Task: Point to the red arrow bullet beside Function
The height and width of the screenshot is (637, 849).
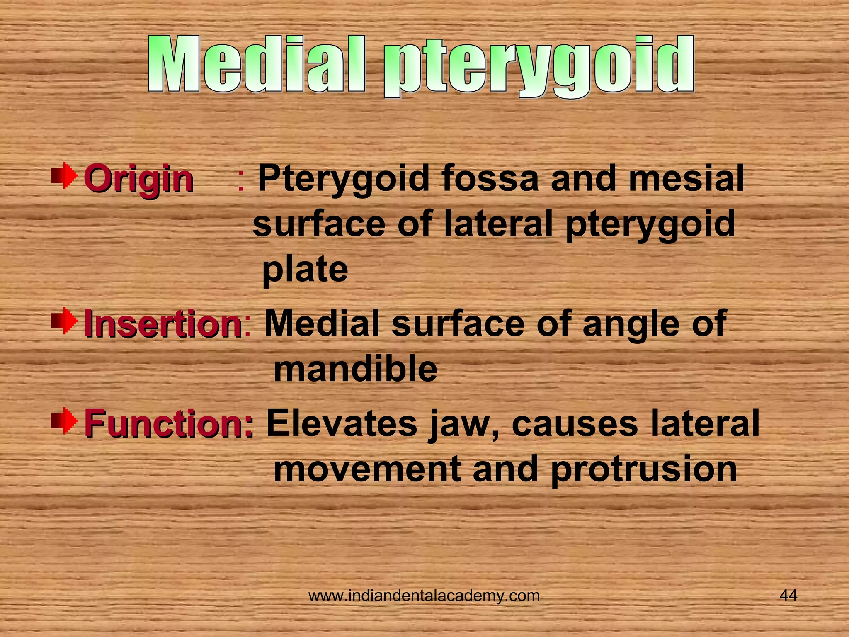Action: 64,421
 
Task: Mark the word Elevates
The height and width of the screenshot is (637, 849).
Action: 342,423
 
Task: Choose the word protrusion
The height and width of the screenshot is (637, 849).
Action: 644,470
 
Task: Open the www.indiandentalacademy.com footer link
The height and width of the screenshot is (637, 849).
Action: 424,596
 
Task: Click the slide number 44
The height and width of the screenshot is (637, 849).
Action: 788,596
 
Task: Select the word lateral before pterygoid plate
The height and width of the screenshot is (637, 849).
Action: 498,224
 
